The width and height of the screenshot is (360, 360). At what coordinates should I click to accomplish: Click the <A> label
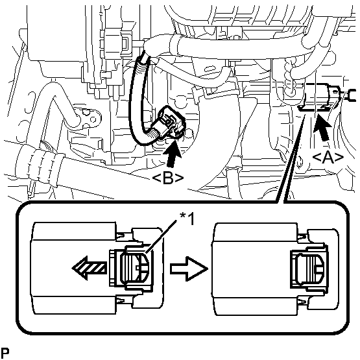coord(328,158)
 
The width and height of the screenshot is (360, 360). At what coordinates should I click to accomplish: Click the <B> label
coord(168,178)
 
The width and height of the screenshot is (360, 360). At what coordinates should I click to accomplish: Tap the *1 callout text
coord(187,219)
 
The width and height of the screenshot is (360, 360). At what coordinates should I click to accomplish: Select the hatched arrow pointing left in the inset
coord(90,268)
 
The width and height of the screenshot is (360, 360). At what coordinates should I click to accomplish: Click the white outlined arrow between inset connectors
coord(189,268)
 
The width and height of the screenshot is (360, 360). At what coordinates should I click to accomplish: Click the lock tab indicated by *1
coord(136,268)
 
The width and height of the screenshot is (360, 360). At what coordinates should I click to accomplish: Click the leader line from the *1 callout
coord(162,236)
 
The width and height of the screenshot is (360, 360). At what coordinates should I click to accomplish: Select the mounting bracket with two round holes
coord(88,117)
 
